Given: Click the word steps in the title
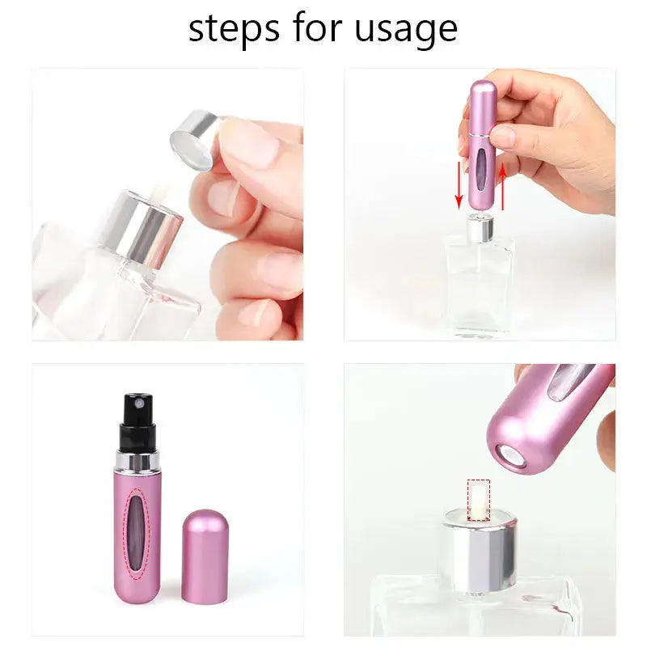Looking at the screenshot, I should (x=234, y=29).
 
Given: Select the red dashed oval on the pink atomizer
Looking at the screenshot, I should (x=137, y=534).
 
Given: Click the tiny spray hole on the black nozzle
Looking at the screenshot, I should (x=138, y=401).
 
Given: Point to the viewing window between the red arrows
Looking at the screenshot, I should (x=481, y=166).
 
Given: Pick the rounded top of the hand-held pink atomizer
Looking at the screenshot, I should (x=483, y=89).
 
